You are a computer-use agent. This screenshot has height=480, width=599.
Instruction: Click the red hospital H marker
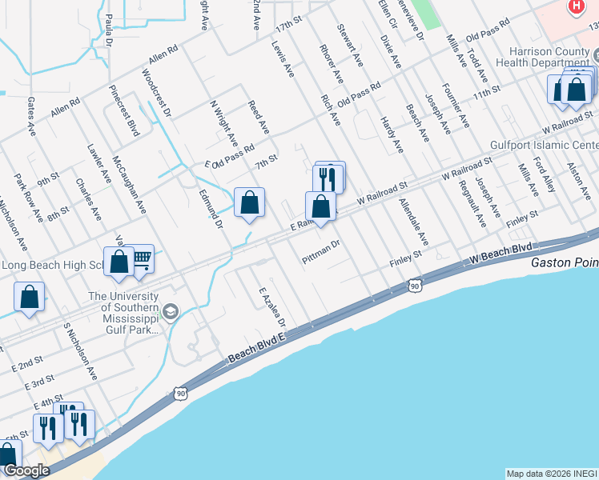click(575, 7)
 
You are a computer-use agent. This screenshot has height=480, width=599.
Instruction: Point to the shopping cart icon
click(142, 258)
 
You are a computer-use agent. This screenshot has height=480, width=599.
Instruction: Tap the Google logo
click(26, 471)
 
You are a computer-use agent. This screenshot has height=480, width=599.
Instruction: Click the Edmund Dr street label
click(210, 208)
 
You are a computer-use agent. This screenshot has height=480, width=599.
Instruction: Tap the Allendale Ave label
click(413, 222)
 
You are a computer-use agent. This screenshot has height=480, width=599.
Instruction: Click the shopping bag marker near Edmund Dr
click(249, 202)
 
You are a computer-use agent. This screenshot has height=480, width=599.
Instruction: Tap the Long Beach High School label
click(51, 265)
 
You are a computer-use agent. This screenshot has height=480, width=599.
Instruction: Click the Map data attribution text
click(552, 474)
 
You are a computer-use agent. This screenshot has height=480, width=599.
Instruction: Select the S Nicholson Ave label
click(81, 352)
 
